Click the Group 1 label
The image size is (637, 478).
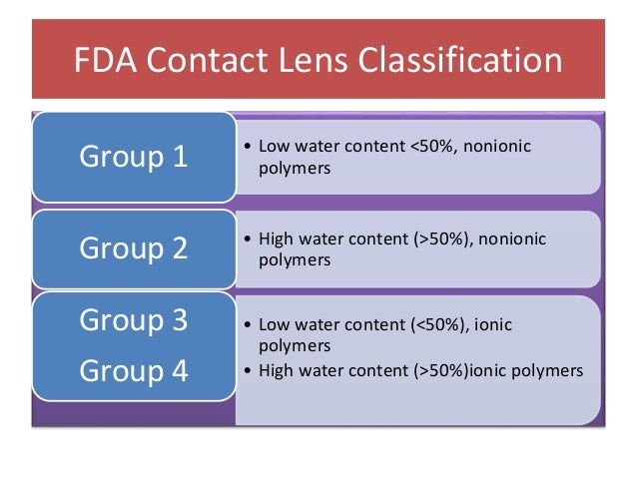[133, 157]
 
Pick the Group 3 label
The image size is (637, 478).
[133, 320]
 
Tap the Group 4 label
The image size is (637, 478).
[133, 370]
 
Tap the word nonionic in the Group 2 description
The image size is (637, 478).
[512, 239]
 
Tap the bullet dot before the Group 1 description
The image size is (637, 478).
[247, 148]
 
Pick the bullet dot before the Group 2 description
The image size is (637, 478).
[247, 239]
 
